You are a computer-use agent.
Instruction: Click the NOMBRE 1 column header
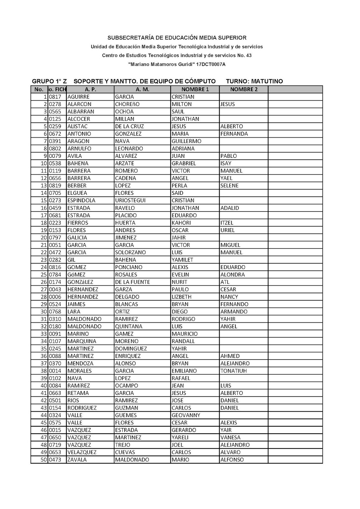(x=195, y=89)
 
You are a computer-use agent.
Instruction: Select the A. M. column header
(x=142, y=89)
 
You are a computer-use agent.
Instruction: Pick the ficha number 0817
(x=55, y=97)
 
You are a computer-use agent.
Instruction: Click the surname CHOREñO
(x=127, y=104)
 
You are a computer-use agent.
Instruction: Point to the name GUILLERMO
(x=186, y=141)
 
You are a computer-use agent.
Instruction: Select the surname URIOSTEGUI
(x=130, y=200)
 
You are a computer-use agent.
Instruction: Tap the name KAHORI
(x=181, y=223)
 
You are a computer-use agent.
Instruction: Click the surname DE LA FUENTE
(x=132, y=282)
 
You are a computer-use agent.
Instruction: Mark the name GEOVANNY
(x=186, y=415)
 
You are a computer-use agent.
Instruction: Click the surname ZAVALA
(x=77, y=460)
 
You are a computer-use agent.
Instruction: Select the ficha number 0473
(x=55, y=460)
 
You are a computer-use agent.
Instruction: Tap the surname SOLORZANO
(x=130, y=252)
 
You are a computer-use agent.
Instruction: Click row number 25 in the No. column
(x=44, y=275)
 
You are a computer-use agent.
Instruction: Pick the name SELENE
(x=229, y=185)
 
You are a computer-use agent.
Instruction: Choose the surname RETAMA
(x=78, y=393)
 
